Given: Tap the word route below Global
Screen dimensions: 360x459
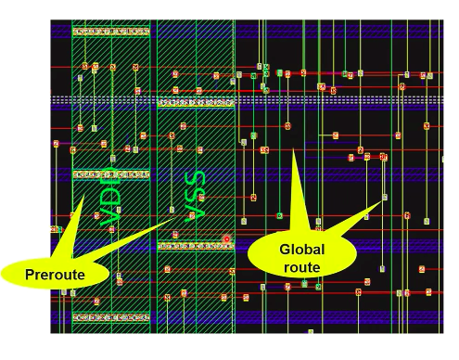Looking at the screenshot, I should click(301, 267).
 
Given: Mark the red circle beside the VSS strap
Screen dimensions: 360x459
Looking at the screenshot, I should click(225, 239).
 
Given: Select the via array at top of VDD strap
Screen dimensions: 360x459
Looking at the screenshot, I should click(110, 32).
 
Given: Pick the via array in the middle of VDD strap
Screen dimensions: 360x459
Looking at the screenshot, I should click(110, 174).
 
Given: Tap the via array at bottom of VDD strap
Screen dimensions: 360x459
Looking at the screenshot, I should click(110, 316).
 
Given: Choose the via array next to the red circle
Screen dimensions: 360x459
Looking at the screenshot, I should click(190, 246).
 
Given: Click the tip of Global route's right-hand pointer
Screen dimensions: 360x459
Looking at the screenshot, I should click(384, 197).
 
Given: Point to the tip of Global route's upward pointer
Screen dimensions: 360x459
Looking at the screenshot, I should click(291, 146).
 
